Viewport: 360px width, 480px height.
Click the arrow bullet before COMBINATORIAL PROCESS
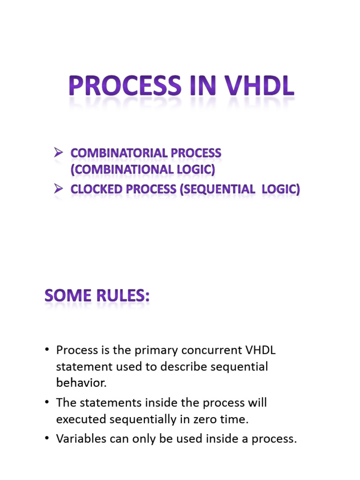click(x=59, y=153)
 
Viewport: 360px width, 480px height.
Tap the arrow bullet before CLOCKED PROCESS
click(x=59, y=188)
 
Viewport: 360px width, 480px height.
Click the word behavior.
click(x=81, y=382)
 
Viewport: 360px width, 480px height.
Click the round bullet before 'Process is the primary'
click(x=47, y=351)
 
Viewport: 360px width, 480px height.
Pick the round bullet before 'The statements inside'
click(x=47, y=403)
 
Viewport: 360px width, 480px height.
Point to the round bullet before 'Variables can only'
click(x=47, y=440)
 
